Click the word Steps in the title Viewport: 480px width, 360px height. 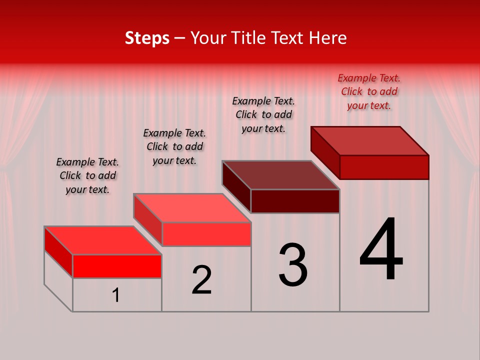[147, 38]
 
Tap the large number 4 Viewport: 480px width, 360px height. [381, 249]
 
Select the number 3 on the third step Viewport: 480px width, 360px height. [292, 265]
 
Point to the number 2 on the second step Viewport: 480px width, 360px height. [202, 280]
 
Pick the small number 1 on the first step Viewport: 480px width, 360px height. [116, 295]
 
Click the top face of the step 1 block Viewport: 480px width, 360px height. [103, 240]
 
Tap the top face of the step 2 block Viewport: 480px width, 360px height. [192, 208]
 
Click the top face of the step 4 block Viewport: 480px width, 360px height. [370, 140]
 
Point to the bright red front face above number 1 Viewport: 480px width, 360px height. [117, 266]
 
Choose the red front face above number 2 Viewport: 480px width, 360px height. [206, 234]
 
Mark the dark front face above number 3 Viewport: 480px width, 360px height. [295, 201]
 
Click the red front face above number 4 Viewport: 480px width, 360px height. [384, 167]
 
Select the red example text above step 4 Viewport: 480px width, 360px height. [369, 91]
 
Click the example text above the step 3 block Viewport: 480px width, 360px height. [263, 114]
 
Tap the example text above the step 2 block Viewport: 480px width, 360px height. [174, 146]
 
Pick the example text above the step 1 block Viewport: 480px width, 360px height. [87, 175]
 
